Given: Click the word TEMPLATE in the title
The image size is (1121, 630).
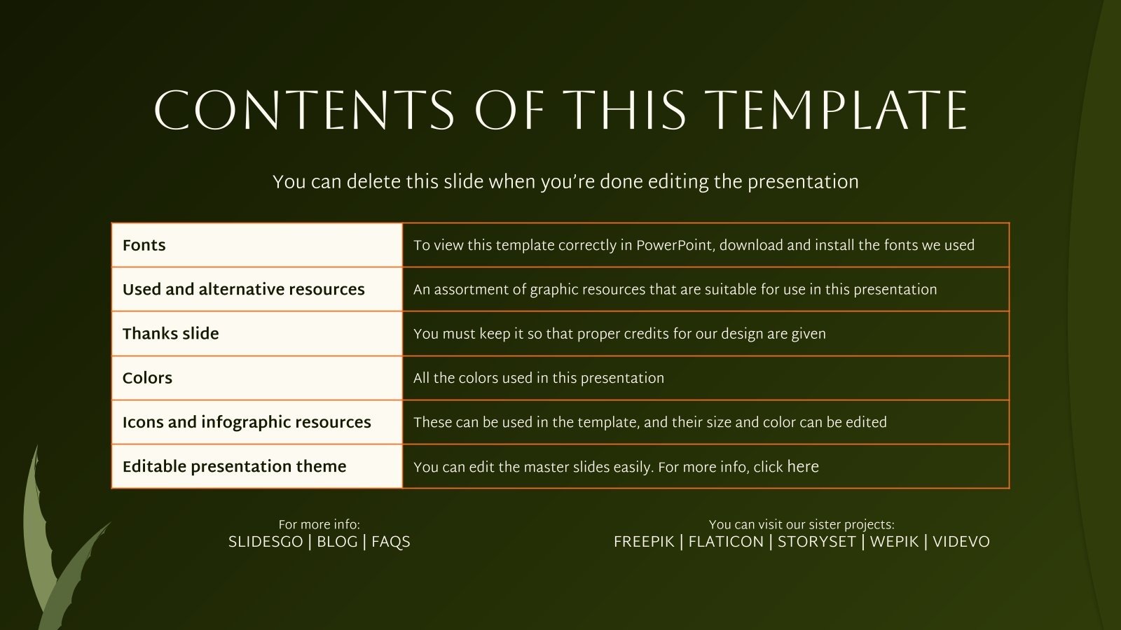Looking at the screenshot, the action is point(839,111).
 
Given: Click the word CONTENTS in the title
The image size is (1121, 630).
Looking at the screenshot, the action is point(304,111).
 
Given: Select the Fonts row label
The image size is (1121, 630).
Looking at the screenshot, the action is point(144,245).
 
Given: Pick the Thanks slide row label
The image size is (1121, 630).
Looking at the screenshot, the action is point(171,333).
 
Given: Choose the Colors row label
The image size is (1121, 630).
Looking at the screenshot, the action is point(147,378).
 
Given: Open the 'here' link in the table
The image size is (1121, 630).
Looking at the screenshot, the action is point(803,466).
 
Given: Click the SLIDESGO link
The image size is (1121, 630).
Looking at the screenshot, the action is point(266,542).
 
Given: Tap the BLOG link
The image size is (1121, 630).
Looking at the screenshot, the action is point(337,542).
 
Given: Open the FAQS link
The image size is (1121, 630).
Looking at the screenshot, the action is point(391,542).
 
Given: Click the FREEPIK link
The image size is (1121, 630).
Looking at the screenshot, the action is point(644,542).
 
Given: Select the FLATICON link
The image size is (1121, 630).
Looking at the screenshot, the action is point(726,542).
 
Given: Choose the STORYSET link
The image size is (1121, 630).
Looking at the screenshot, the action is point(817,542).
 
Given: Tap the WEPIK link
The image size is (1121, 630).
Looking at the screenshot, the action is point(894,542).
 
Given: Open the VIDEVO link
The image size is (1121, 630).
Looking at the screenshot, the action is point(961,542).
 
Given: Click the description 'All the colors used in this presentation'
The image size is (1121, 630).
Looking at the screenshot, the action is point(539,378).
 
